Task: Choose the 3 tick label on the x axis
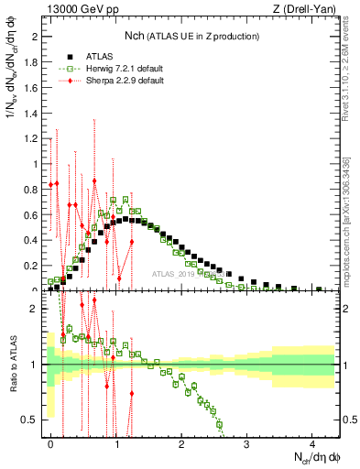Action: tap(247, 442)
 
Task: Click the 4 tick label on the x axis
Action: tap(312, 442)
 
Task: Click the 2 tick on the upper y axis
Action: tap(38, 37)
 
